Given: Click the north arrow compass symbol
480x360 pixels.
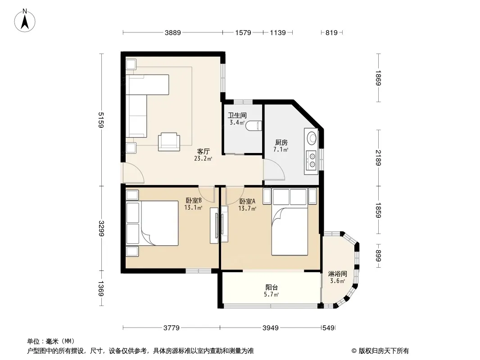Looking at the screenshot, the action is (x=25, y=21).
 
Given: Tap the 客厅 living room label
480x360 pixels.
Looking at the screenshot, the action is (x=203, y=151).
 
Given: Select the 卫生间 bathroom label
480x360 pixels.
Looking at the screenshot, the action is (x=237, y=115).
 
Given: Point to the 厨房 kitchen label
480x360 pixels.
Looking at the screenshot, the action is (x=281, y=142).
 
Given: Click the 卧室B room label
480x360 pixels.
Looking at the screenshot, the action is (x=194, y=201).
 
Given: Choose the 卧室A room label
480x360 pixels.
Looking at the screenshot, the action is (x=247, y=201).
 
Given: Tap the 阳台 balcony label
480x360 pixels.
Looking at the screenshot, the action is (x=272, y=287).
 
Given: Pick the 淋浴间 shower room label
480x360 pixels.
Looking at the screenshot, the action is (x=337, y=274).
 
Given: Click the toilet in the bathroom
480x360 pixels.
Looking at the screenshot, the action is (x=254, y=126).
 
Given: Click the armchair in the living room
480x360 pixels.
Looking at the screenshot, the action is (x=169, y=142).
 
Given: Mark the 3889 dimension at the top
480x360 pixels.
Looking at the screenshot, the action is (x=172, y=32).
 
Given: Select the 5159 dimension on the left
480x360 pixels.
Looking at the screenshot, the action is (x=101, y=120).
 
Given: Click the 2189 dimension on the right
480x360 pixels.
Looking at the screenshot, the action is (x=378, y=157).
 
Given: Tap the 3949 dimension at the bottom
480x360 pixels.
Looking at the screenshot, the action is (x=271, y=328).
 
